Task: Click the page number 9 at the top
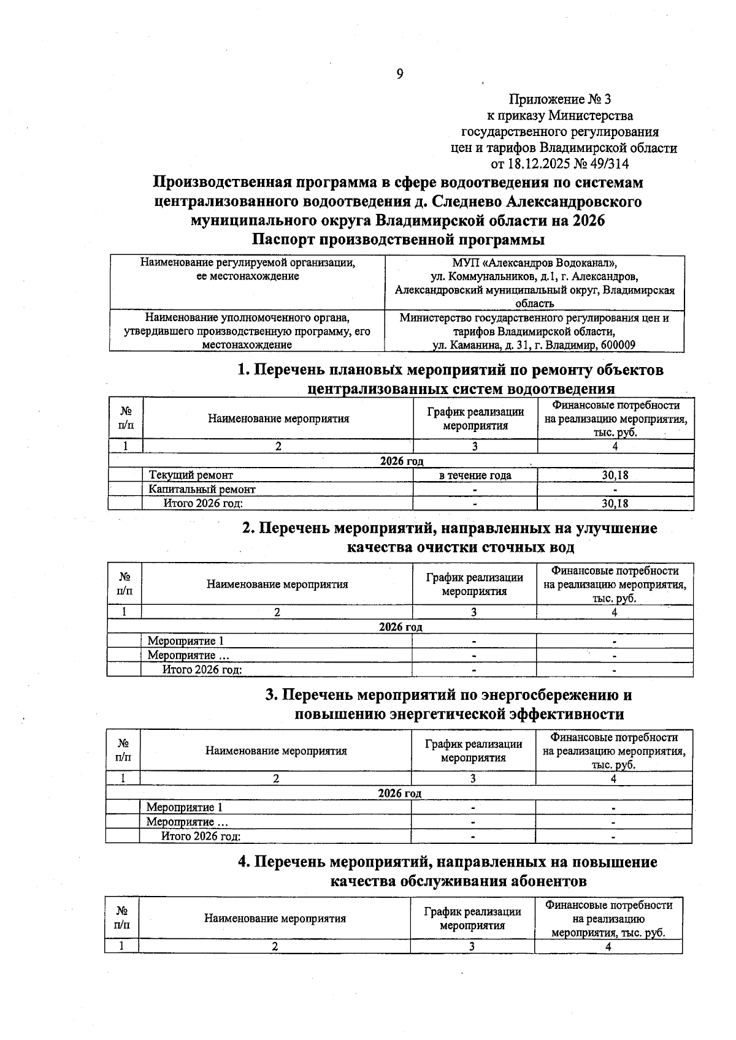tap(400, 75)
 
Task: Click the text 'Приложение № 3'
tap(560, 99)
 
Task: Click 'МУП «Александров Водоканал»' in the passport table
tap(534, 263)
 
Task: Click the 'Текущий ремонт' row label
tap(191, 475)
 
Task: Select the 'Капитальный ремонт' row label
tap(202, 489)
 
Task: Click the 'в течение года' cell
tap(475, 475)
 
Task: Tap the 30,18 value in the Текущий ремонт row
tap(615, 475)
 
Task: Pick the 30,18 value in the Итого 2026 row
tap(615, 504)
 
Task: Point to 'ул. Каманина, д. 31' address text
tap(481, 345)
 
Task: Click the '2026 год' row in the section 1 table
tap(401, 461)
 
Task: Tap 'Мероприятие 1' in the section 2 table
tap(185, 641)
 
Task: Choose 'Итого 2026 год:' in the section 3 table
tap(201, 836)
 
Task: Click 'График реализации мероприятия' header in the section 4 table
tap(472, 918)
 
